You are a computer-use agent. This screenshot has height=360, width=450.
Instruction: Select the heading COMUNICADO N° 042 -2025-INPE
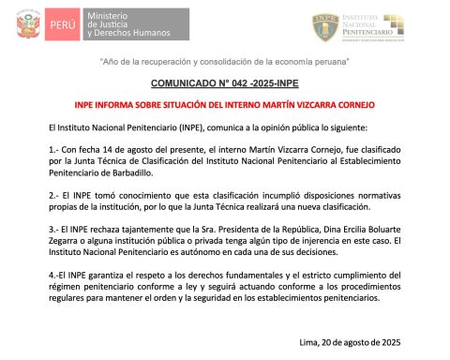(224, 83)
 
